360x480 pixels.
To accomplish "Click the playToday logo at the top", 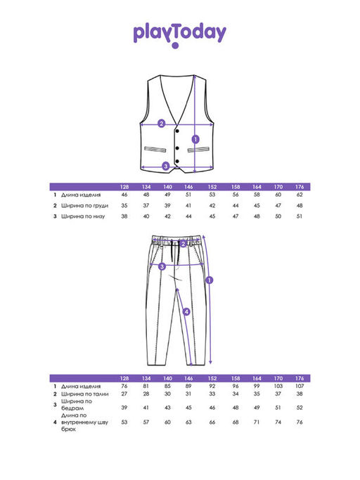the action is (x=179, y=34).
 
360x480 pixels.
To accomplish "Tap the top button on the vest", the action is (x=177, y=131).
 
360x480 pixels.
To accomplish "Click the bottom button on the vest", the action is (x=177, y=161).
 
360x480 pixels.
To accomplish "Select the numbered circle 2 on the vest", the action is (x=162, y=124).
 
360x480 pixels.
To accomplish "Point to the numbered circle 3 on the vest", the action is (x=166, y=167).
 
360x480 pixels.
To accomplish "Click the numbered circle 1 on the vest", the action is (x=195, y=139).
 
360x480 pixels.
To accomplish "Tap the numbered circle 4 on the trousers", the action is (x=186, y=312).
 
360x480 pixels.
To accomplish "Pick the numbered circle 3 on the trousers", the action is (x=162, y=266).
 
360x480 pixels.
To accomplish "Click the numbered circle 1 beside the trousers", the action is (x=210, y=280).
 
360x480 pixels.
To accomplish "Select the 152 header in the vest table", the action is (x=212, y=187).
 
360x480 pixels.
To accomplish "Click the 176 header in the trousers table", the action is (x=300, y=378).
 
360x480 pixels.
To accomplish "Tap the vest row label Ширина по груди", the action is (x=84, y=206).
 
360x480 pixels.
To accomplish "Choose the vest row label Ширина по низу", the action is (x=83, y=216).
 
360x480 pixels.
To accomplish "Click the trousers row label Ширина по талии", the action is (x=84, y=394).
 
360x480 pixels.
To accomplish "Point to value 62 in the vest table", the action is (x=300, y=195).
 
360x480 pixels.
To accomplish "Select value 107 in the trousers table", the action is (x=300, y=386).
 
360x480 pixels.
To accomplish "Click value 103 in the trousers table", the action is (x=278, y=386).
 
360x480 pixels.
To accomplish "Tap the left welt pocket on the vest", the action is (x=155, y=149).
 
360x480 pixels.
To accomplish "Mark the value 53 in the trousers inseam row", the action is (x=124, y=422).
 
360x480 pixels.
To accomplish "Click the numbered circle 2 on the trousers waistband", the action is (x=184, y=244).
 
